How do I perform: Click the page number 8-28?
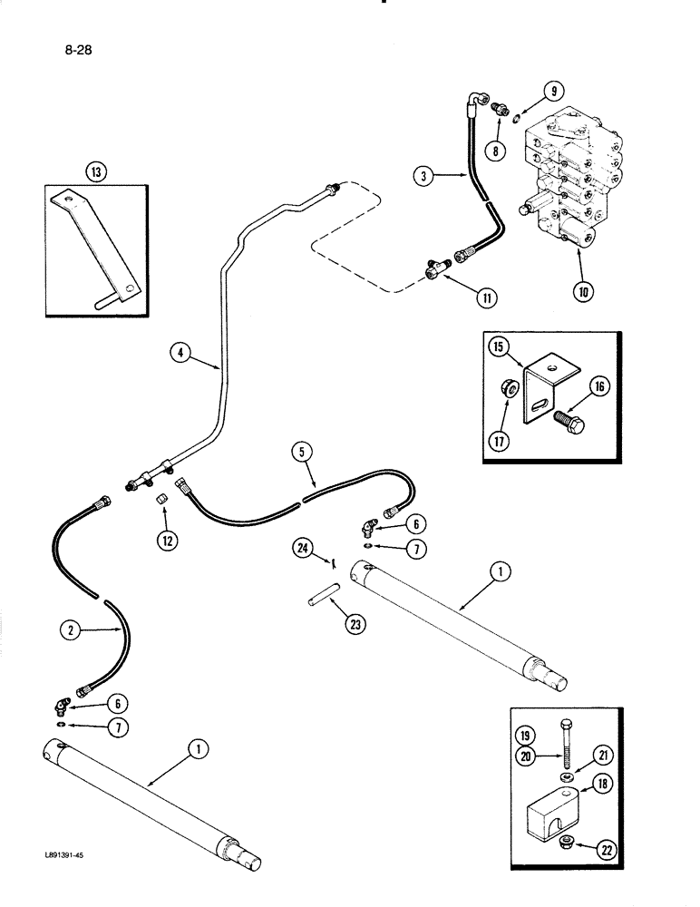click(77, 50)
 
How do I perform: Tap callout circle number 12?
click(164, 540)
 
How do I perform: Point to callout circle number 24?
click(306, 547)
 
